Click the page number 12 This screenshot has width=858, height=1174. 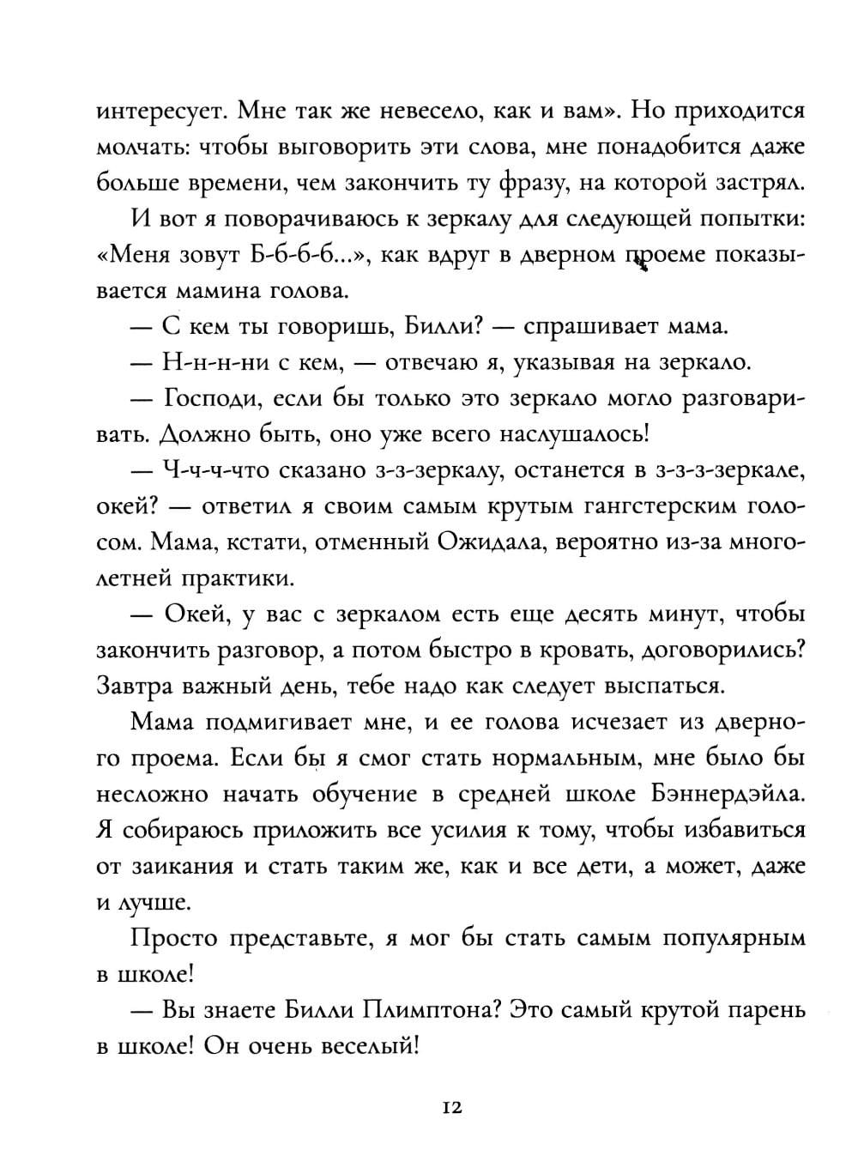[x=452, y=1108]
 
